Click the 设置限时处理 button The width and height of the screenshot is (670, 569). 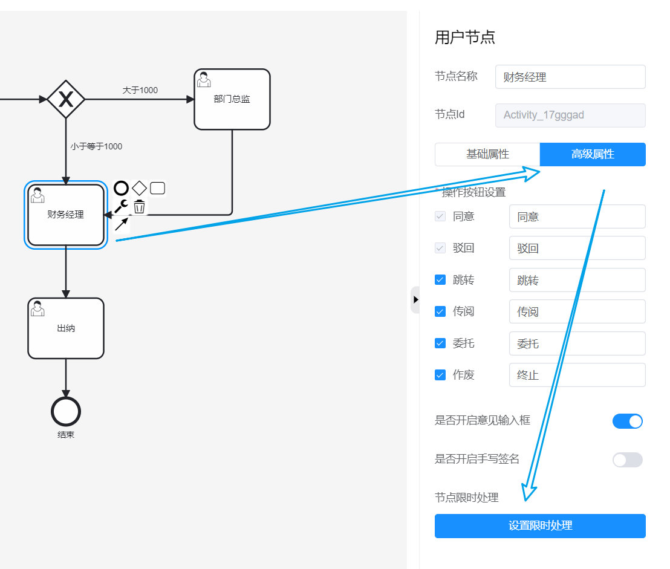click(539, 525)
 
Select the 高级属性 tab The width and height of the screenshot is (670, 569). click(592, 154)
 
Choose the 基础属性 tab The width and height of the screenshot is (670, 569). click(487, 154)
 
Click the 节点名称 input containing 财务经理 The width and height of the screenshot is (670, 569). click(570, 77)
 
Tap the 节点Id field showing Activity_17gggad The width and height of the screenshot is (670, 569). click(570, 115)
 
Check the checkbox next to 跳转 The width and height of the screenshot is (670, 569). click(440, 280)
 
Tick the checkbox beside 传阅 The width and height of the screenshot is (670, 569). click(440, 311)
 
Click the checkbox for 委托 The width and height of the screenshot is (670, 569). click(440, 343)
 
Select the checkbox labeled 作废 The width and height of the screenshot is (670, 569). click(440, 375)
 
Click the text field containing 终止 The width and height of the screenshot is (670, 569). click(577, 375)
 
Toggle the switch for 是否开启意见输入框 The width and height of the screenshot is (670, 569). click(627, 421)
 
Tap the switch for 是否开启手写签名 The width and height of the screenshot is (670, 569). click(627, 460)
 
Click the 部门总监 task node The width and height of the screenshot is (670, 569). click(232, 99)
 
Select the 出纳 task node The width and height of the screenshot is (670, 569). click(66, 328)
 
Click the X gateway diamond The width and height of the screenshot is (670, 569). click(66, 99)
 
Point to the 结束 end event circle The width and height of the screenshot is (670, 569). click(66, 412)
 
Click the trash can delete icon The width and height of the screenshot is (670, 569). click(139, 207)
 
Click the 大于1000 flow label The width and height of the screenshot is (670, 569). click(140, 90)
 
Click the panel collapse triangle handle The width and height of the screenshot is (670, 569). click(415, 299)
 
